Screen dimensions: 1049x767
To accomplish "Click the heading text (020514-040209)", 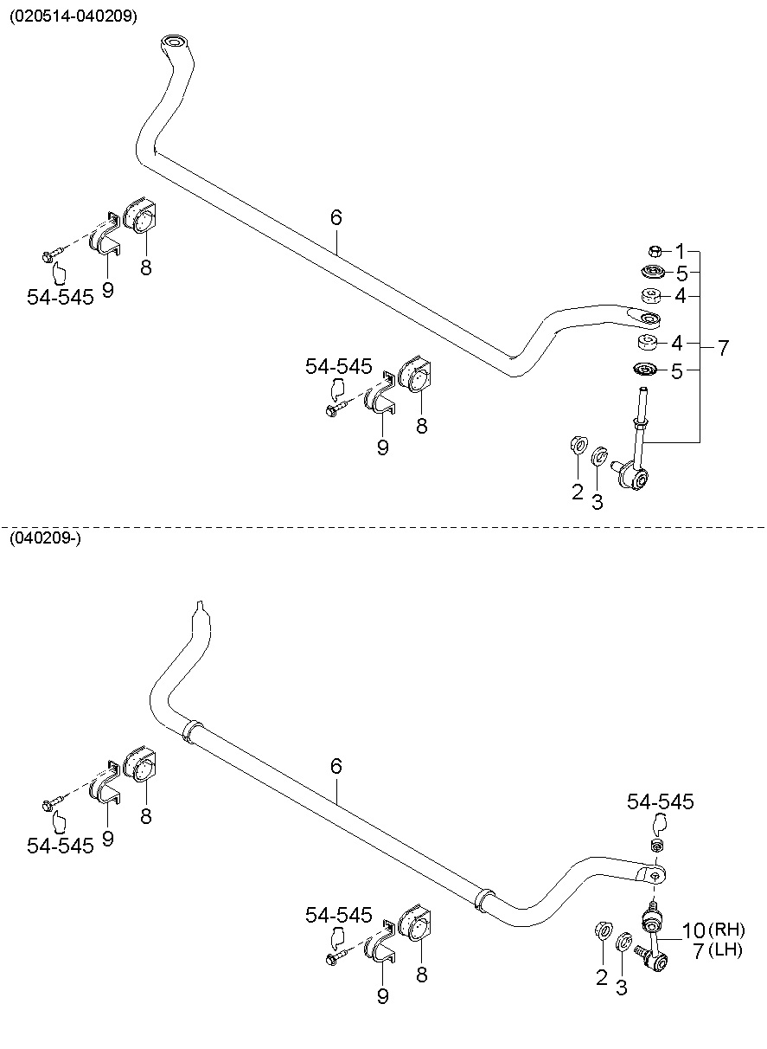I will tap(74, 16).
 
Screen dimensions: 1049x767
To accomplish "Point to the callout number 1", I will tap(680, 251).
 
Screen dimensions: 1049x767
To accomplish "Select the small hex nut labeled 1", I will tap(655, 251).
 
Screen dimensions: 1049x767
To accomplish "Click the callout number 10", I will tap(693, 931).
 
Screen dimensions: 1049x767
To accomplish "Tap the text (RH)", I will tap(727, 931).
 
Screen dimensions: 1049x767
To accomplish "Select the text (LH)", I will tap(725, 952).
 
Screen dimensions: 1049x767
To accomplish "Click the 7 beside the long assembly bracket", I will tap(723, 349).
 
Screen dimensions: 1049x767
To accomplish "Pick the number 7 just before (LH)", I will tap(698, 952).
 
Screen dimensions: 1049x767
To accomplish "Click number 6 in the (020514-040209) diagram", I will tap(336, 217).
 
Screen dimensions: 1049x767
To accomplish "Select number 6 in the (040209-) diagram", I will tap(336, 766).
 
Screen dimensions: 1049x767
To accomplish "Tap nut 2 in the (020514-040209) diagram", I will tap(577, 445).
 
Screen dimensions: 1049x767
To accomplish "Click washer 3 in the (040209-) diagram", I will tap(623, 940).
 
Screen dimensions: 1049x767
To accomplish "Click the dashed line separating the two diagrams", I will tap(383, 524).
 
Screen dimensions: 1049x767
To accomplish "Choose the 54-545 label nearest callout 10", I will tap(661, 802).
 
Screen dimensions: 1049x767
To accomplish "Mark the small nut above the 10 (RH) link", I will tap(656, 845).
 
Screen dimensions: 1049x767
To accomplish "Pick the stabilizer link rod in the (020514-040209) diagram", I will tap(640, 433).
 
